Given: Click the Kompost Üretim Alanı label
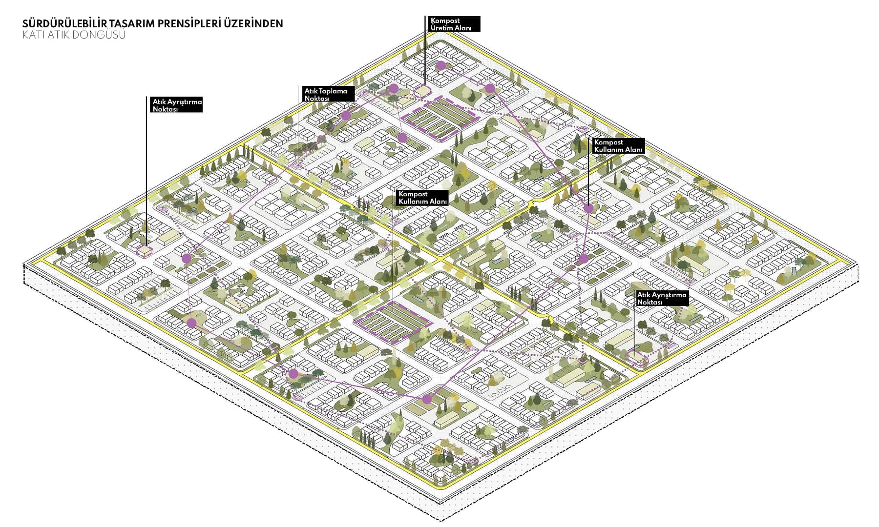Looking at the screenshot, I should click(x=452, y=24).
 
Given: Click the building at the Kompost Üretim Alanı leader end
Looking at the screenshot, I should click(x=423, y=92).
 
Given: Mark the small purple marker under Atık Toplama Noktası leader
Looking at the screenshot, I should click(x=297, y=165).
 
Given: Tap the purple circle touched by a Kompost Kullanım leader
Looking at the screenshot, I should click(x=588, y=208).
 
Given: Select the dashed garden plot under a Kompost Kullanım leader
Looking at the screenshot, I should click(x=393, y=320).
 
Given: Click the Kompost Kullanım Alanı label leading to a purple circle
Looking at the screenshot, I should click(x=618, y=146).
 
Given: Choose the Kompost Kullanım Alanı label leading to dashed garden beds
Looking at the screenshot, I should click(x=422, y=198).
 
